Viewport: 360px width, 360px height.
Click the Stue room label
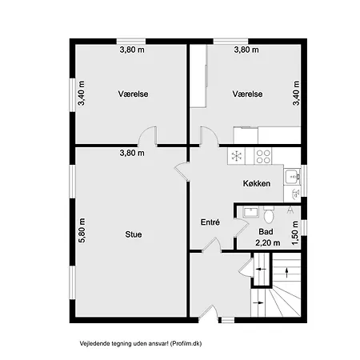pyautogui.click(x=134, y=234)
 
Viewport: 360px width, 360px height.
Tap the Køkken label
pyautogui.click(x=257, y=183)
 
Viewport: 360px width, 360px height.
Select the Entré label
pyautogui.click(x=210, y=222)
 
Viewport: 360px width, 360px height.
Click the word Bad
pyautogui.click(x=266, y=231)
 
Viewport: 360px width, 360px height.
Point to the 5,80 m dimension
pyautogui.click(x=82, y=230)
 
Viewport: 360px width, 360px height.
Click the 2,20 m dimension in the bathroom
pyautogui.click(x=268, y=242)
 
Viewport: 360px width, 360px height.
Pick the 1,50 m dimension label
pyautogui.click(x=295, y=233)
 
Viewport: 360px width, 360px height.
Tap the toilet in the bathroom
pyautogui.click(x=269, y=214)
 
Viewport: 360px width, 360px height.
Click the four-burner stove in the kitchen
pyautogui.click(x=263, y=156)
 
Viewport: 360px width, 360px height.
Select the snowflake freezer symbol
pyautogui.click(x=237, y=156)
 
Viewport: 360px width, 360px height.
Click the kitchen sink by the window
pyautogui.click(x=292, y=177)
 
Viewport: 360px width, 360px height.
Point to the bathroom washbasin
pyautogui.click(x=250, y=212)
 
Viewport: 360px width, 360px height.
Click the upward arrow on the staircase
pyautogui.click(x=287, y=273)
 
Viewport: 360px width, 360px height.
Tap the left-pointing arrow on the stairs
pyautogui.click(x=261, y=269)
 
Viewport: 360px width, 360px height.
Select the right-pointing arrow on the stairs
pyautogui.click(x=258, y=302)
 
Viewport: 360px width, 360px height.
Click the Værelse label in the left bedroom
pyautogui.click(x=133, y=94)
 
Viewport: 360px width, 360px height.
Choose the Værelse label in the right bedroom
pyautogui.click(x=247, y=94)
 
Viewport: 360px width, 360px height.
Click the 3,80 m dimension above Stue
pyautogui.click(x=132, y=153)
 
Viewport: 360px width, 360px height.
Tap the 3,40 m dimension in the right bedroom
pyautogui.click(x=296, y=94)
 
